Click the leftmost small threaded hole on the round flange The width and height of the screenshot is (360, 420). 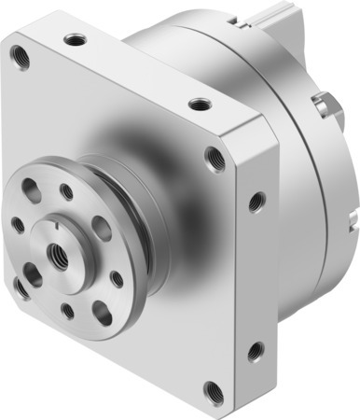tap(18, 224)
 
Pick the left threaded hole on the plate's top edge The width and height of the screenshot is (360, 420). tap(74, 39)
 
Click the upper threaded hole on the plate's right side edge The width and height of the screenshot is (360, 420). tap(256, 199)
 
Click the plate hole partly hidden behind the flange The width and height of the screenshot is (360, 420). tap(22, 286)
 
